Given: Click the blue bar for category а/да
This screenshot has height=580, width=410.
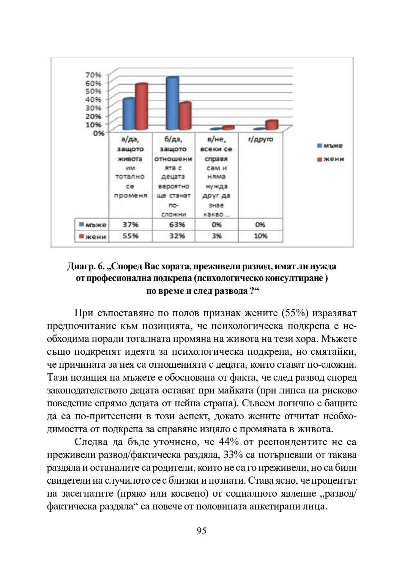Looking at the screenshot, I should [x=129, y=114].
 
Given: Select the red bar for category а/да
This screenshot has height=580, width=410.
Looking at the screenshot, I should [x=141, y=107].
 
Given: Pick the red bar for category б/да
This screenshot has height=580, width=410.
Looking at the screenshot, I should [x=185, y=116].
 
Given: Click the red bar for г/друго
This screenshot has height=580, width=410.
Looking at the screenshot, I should [x=272, y=124].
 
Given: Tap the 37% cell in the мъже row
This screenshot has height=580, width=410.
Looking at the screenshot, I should [x=130, y=224].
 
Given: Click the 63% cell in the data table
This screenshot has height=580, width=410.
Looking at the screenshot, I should [x=173, y=224].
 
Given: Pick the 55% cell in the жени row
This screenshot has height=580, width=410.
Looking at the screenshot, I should [x=130, y=236].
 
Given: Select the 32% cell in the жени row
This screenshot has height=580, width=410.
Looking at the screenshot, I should [x=173, y=236].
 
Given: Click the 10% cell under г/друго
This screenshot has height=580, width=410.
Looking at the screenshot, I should [x=260, y=236].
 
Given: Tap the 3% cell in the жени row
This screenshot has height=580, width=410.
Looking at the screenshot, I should [x=217, y=236].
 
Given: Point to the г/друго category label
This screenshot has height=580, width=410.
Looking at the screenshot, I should [x=260, y=140].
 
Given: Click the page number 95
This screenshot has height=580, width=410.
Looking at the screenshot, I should [x=202, y=531].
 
